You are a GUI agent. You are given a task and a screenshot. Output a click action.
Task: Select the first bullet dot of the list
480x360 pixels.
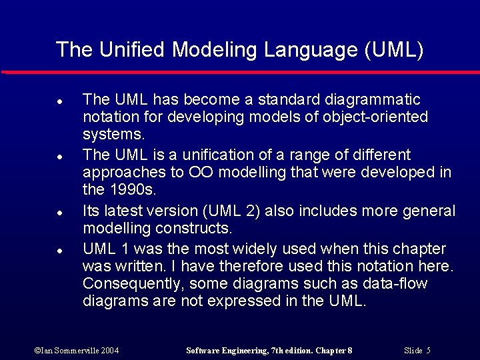60,102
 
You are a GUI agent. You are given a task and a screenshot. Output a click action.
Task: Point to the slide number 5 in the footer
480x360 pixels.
428,350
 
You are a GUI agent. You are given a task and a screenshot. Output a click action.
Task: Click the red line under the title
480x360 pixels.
240,72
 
